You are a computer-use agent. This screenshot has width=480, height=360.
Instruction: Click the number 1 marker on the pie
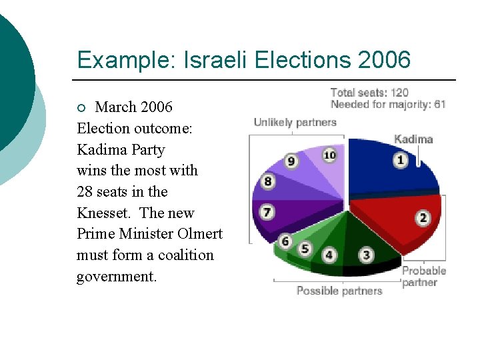[x=401, y=160]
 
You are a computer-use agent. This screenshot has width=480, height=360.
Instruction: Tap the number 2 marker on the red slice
[x=423, y=218]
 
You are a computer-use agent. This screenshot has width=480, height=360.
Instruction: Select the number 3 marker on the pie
[x=367, y=255]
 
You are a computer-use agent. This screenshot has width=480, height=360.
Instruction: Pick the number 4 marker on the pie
[x=329, y=255]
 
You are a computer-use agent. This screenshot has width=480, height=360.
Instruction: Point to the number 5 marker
[x=305, y=249]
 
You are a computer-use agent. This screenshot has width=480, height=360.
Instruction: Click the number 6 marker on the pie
[x=285, y=241]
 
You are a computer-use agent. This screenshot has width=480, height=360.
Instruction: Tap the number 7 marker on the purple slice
[x=267, y=213]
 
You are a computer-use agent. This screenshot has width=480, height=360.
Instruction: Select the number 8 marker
[x=267, y=181]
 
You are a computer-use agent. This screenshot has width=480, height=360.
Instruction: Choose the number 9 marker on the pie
[x=291, y=161]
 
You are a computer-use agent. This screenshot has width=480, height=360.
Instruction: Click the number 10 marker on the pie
[x=329, y=155]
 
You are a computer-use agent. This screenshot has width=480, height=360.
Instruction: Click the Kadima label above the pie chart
[x=413, y=139]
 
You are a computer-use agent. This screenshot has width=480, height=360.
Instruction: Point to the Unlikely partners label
[x=295, y=123]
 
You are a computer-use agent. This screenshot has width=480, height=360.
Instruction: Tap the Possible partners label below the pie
[x=339, y=291]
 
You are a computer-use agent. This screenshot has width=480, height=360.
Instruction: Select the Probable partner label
[x=424, y=277]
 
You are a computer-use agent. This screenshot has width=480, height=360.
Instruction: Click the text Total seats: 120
[x=369, y=93]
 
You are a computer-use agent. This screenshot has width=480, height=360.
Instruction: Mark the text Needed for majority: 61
[x=388, y=104]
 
